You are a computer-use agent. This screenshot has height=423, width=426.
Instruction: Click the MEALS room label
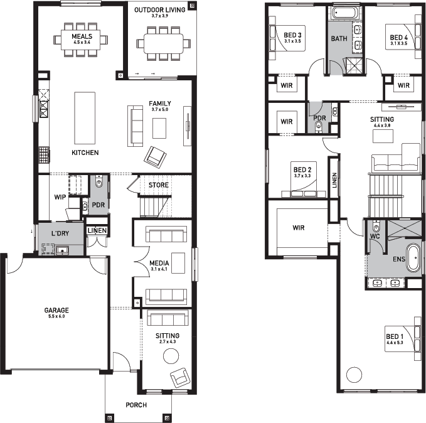click(x=82, y=36)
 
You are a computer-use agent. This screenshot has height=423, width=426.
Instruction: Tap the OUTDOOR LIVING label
click(x=160, y=10)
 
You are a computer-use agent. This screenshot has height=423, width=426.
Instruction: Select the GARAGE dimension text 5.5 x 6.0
click(x=56, y=316)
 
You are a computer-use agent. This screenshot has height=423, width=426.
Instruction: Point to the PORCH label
click(x=136, y=405)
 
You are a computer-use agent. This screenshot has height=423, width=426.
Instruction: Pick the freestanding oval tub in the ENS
click(x=413, y=258)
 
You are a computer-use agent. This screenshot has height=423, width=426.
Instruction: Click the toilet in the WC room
click(x=376, y=227)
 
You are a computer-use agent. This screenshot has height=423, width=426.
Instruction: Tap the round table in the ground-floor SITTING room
click(x=171, y=356)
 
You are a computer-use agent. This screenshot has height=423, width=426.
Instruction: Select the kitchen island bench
click(x=85, y=118)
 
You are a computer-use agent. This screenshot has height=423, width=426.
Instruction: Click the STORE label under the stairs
click(x=159, y=185)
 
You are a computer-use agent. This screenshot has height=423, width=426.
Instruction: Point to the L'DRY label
click(x=60, y=233)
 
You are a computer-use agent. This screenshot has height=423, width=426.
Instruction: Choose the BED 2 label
click(x=302, y=169)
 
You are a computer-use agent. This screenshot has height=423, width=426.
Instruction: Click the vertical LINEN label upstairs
click(x=334, y=180)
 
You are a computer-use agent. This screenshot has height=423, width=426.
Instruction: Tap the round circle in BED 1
click(x=354, y=374)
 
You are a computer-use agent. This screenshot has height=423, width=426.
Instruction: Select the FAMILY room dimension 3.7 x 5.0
click(x=160, y=110)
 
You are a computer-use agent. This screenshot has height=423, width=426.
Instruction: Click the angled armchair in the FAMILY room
click(x=155, y=158)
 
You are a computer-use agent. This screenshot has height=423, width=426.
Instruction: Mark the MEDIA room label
click(x=159, y=263)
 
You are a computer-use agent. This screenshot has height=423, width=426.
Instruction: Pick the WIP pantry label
click(x=60, y=197)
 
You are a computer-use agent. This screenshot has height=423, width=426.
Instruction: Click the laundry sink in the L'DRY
click(x=62, y=250)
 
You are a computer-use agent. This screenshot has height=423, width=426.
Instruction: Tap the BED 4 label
click(x=399, y=38)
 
